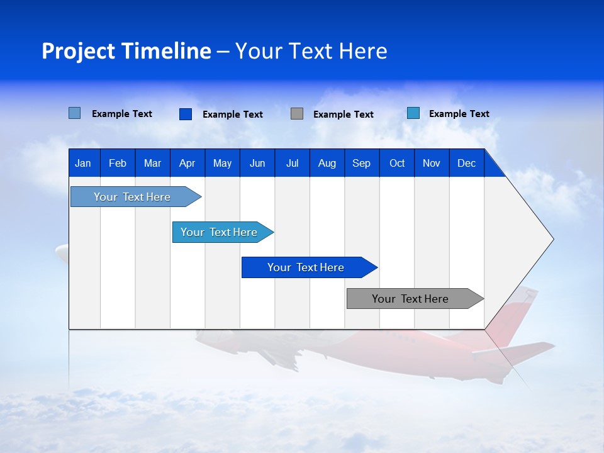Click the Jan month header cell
(84, 163)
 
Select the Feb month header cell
(118, 163)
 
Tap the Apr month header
(187, 163)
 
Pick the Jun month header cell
(257, 163)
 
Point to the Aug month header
(327, 163)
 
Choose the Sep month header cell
(362, 163)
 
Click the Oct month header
(397, 163)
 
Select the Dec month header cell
(467, 163)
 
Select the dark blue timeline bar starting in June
(306, 267)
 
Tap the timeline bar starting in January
(133, 197)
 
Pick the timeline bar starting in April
(220, 232)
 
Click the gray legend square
(297, 114)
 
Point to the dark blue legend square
(186, 114)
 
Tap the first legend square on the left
(75, 113)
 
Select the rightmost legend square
(413, 113)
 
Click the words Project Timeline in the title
(126, 51)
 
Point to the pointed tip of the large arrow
(552, 239)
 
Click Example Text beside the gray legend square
(344, 115)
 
